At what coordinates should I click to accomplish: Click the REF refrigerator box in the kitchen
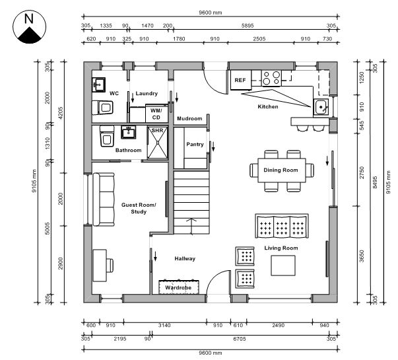click(240, 81)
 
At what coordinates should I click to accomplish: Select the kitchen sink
click(321, 106)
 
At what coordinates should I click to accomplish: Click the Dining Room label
click(281, 170)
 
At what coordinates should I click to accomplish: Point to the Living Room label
click(281, 248)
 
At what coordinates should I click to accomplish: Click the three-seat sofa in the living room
click(282, 227)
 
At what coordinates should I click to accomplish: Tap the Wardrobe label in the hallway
click(178, 288)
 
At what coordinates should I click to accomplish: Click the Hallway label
click(185, 259)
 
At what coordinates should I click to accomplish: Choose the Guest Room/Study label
click(139, 209)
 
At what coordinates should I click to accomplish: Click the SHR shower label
click(157, 131)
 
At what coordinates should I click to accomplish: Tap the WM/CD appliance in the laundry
click(156, 114)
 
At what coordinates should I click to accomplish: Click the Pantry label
click(195, 144)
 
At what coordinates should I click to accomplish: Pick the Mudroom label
click(189, 118)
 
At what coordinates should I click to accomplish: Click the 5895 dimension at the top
click(248, 25)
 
